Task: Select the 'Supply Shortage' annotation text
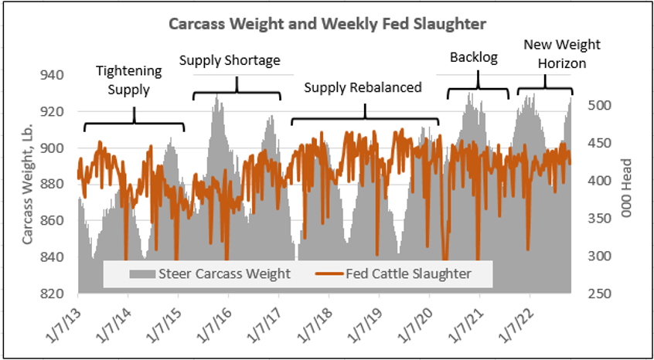(230, 59)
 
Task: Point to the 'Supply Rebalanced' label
(363, 87)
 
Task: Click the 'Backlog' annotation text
(474, 57)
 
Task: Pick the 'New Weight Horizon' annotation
(550, 53)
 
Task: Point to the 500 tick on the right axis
(598, 106)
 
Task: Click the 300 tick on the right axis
(598, 256)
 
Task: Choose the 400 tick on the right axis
(598, 181)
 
